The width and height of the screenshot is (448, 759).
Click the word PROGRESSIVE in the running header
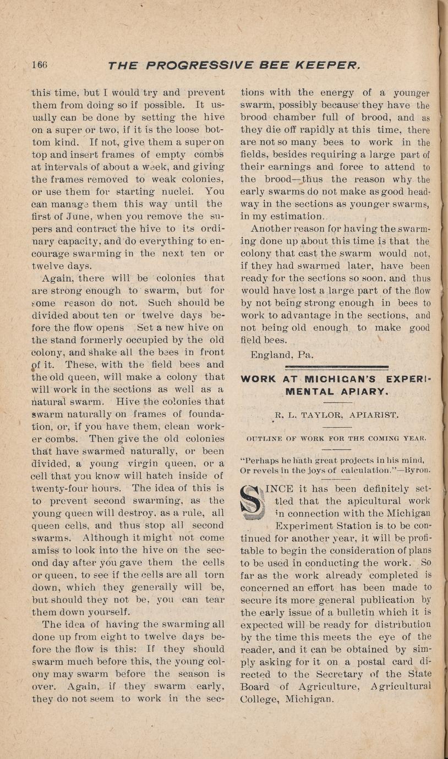tap(199, 66)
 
